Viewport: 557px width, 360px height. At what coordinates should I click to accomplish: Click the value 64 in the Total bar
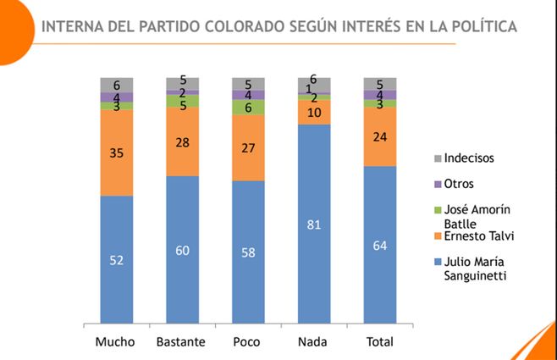380,246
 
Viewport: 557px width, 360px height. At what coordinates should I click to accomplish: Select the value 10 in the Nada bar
314,112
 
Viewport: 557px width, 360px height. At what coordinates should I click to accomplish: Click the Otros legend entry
460,184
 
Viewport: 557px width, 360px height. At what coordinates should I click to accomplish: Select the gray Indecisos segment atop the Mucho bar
117,84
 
